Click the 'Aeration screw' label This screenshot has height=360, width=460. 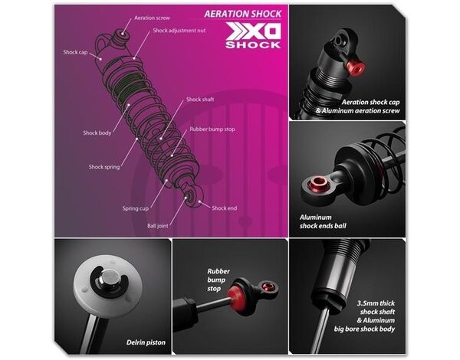(152, 18)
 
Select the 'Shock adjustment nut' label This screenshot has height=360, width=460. (179, 31)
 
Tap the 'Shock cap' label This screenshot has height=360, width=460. (75, 52)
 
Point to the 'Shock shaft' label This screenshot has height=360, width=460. (200, 100)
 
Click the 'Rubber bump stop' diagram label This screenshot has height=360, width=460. (212, 129)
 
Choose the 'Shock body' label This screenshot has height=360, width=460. (97, 133)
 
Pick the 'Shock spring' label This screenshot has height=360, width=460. (104, 167)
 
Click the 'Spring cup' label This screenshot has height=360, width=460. (136, 208)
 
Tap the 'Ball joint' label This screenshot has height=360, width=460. (158, 226)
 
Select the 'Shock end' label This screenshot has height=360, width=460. (224, 208)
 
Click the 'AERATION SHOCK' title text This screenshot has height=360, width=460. (242, 14)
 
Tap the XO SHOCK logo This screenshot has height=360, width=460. (254, 35)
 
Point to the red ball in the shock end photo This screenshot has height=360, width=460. (319, 184)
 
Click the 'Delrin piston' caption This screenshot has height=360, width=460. (146, 342)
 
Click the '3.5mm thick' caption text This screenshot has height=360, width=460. (376, 303)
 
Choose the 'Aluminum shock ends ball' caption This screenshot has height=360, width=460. (323, 221)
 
